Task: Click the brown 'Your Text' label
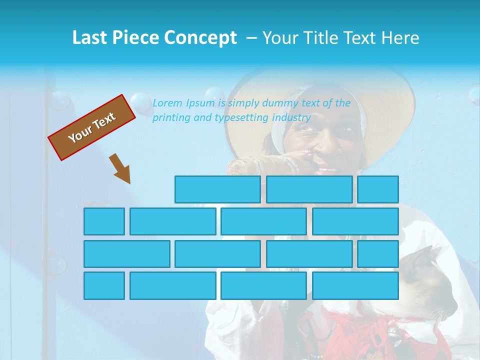click(92, 127)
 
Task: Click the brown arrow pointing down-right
click(120, 168)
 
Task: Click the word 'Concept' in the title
click(200, 37)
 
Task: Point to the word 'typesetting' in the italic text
click(241, 118)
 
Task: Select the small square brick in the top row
click(378, 189)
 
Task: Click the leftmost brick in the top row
click(217, 189)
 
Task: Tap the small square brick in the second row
click(104, 221)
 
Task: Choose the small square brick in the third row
click(378, 253)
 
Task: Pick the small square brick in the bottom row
click(104, 285)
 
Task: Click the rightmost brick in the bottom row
click(355, 285)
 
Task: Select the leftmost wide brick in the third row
click(126, 253)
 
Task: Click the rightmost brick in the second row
click(355, 221)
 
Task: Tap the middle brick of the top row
click(309, 189)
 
